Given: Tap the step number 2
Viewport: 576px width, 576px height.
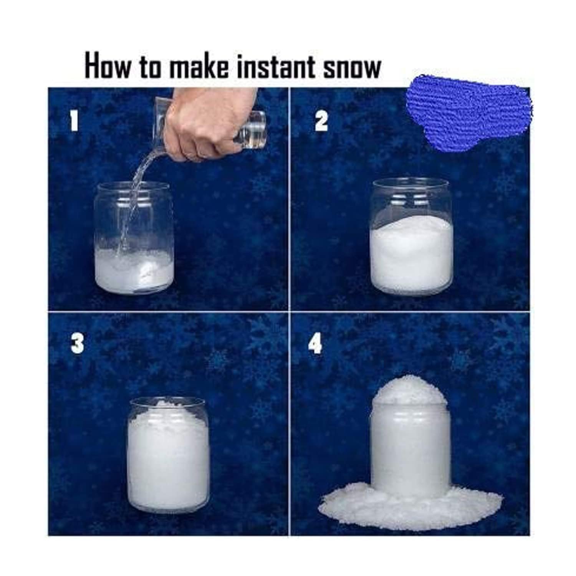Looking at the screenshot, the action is [321, 121].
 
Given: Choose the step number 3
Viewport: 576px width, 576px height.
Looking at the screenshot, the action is [77, 343].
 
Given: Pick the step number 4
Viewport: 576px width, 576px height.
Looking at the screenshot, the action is [315, 343].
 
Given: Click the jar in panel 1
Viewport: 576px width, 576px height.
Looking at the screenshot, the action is [134, 238].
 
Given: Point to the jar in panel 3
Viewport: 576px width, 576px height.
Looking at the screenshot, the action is [168, 455].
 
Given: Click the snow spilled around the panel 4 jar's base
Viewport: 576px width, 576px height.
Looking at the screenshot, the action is [410, 503].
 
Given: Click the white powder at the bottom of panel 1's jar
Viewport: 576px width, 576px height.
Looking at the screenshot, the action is [134, 271].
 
